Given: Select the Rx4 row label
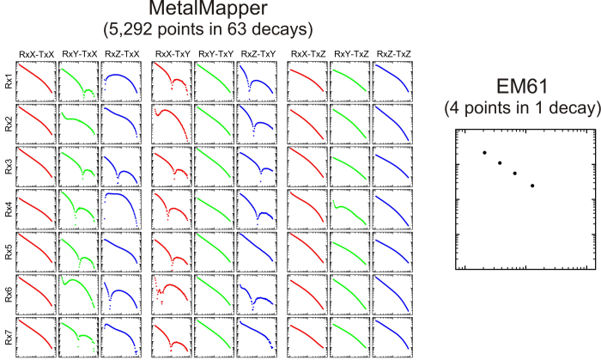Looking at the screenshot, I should [x=9, y=206].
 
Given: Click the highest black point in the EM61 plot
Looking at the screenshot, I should [x=484, y=153].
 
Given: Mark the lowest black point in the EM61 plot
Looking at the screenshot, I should [x=532, y=186].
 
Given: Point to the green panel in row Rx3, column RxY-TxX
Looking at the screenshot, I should [x=79, y=166].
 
